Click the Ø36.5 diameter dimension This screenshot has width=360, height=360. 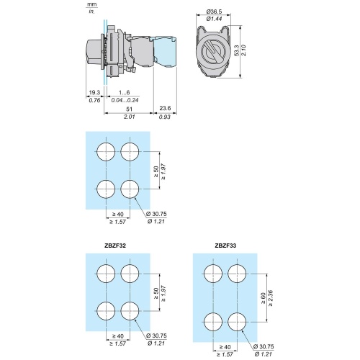coord(214,12)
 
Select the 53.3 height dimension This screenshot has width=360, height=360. coord(236,50)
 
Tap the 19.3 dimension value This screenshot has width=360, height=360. coord(94,92)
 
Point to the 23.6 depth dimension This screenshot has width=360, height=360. coord(165,108)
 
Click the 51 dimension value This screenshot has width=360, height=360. coord(129,109)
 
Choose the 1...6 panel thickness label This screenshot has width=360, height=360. coord(125,92)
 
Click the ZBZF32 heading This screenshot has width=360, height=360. coord(115,246)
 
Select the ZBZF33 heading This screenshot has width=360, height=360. coord(225,246)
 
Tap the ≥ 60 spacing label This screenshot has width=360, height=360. coord(264,298)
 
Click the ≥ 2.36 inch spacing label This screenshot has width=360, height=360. coord(271,298)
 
